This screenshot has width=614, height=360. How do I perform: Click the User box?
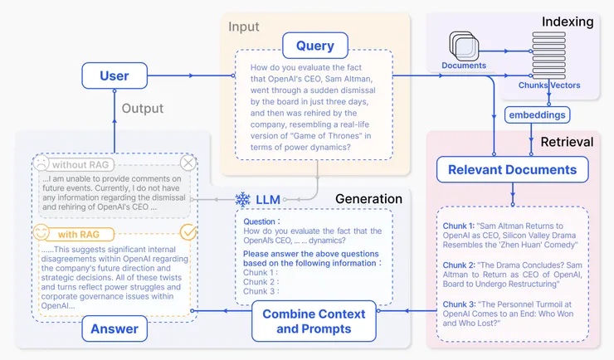(x=115, y=75)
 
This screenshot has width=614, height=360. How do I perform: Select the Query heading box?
(x=314, y=46)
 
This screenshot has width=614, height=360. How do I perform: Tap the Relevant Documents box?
(x=512, y=170)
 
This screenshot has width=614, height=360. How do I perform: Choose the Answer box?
(x=115, y=328)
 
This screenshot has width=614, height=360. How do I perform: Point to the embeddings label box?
(x=538, y=115)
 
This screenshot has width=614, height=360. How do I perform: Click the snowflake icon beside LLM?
(x=243, y=199)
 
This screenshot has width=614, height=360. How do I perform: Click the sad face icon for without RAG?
(x=42, y=165)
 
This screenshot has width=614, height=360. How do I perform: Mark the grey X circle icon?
(x=188, y=164)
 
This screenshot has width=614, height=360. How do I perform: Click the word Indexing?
(x=568, y=22)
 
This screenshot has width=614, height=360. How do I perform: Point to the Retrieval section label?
(x=567, y=142)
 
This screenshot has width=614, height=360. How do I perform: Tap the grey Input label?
(x=244, y=27)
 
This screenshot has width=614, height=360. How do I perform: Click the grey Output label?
(x=143, y=109)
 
